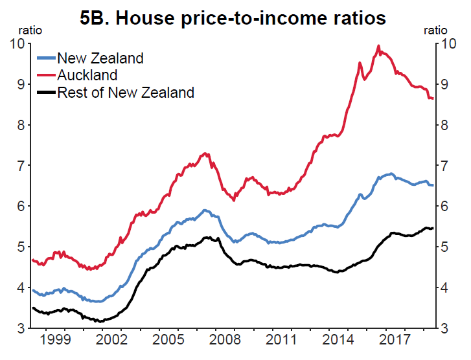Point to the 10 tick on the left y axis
pos(17,44)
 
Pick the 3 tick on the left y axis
pos(21,328)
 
